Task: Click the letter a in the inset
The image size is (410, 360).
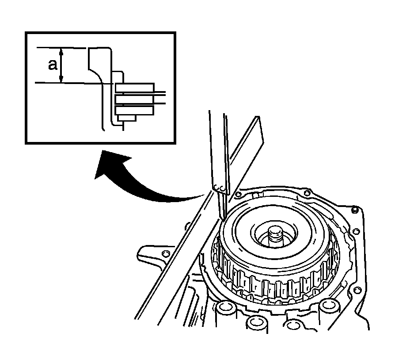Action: (x=53, y=65)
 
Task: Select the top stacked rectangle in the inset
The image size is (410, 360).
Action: (x=134, y=88)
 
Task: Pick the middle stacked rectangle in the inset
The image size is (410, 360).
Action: (x=134, y=99)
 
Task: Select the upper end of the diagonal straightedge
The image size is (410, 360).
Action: (x=257, y=119)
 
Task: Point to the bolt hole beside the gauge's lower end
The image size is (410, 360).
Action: (x=238, y=194)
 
